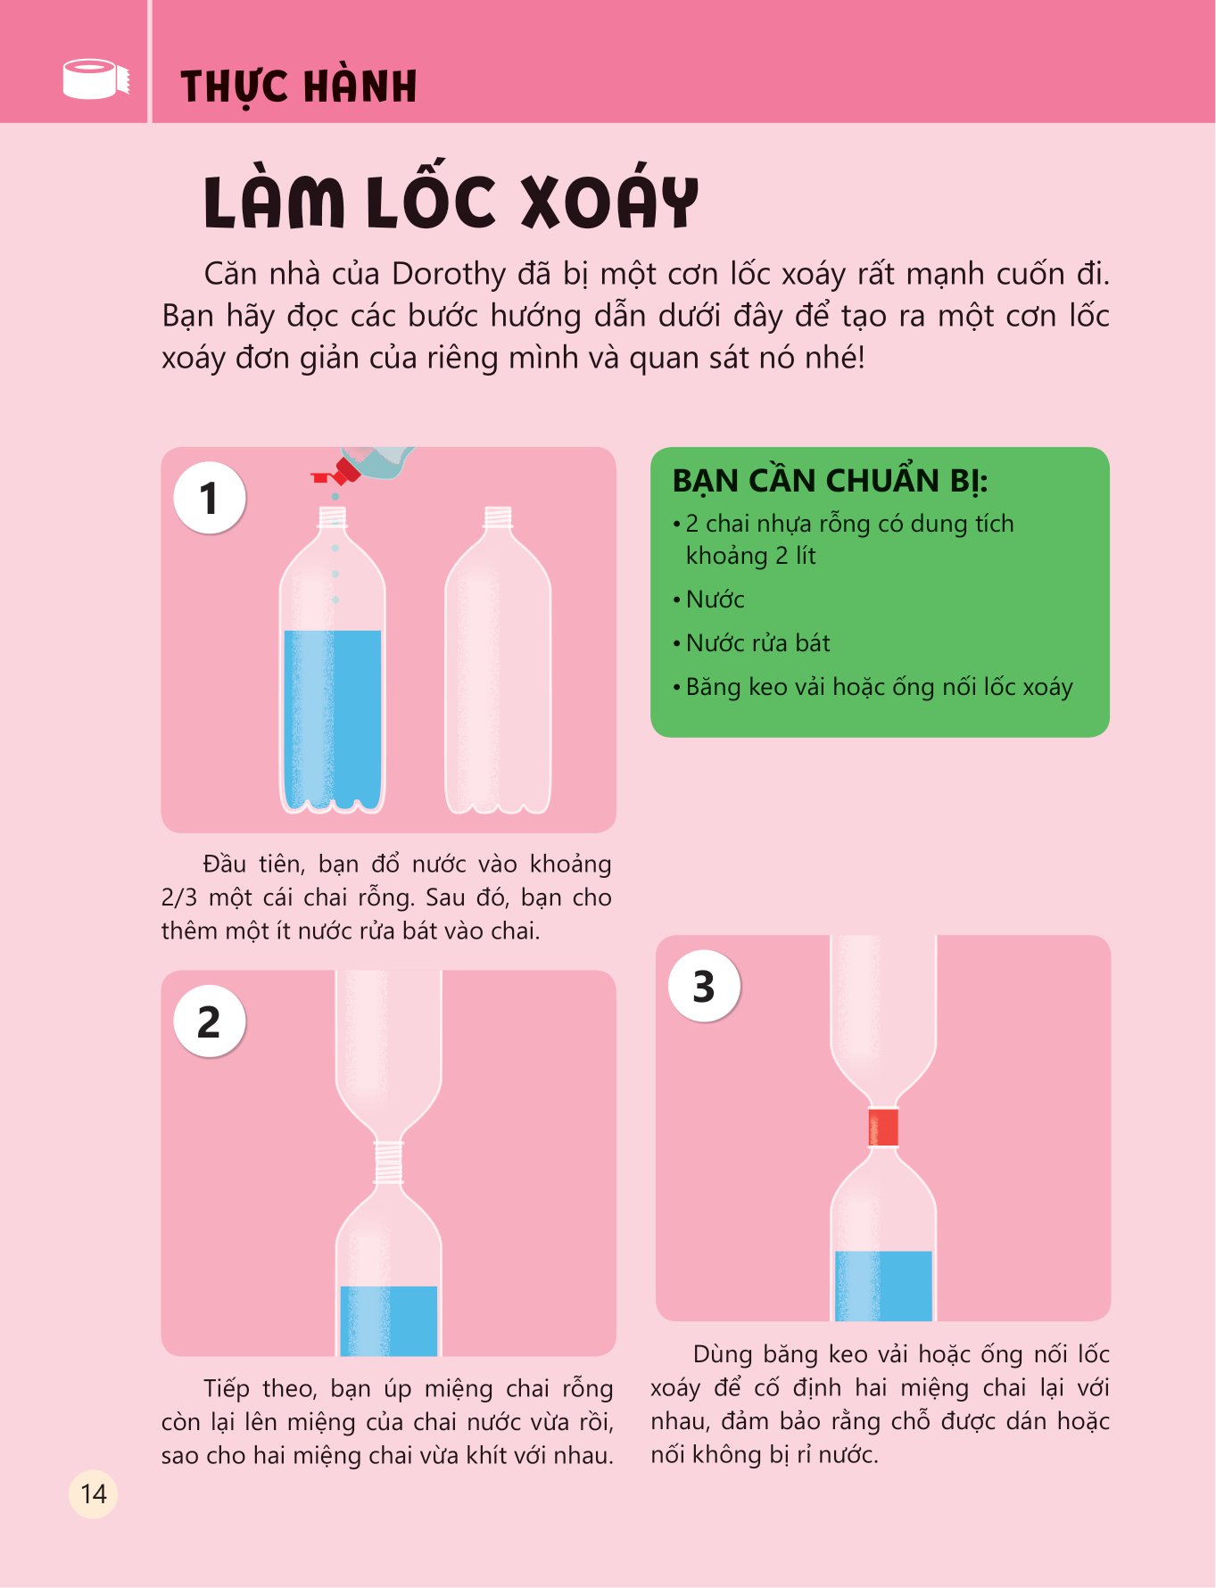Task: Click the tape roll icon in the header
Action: pos(95,79)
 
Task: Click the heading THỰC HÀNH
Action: pos(299,87)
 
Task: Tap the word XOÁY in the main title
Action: pos(608,201)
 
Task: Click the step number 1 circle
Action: pos(209,498)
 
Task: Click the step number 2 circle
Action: pos(209,1021)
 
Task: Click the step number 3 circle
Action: pos(704,986)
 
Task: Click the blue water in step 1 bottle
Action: pos(333,714)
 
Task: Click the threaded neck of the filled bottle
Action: pos(333,517)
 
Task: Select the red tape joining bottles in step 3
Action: pos(883,1127)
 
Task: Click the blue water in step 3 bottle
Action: pos(883,1285)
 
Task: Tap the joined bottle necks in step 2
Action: pos(388,1162)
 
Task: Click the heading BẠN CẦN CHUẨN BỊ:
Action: pos(830,481)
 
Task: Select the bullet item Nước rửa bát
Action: pos(757,643)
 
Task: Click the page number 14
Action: pos(93,1494)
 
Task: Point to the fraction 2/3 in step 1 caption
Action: pos(178,897)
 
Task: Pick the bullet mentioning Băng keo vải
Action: pos(879,687)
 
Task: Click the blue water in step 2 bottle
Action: pos(388,1320)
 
